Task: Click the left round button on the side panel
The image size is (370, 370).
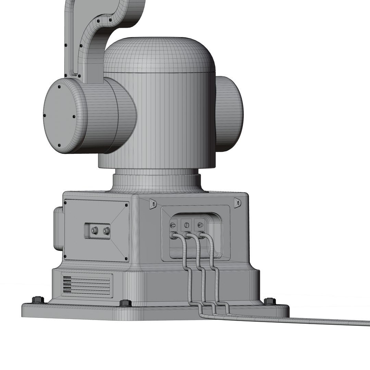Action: [x=94, y=231]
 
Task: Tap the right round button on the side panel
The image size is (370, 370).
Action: [x=106, y=231]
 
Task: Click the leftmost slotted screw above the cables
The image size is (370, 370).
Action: [x=173, y=225]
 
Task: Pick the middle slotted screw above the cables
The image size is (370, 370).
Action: [x=187, y=225]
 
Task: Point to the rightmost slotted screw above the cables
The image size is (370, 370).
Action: [x=200, y=225]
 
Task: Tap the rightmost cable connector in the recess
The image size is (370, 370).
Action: [x=201, y=235]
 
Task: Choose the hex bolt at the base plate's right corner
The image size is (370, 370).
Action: [x=270, y=301]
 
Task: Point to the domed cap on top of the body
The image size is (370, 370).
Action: [x=159, y=55]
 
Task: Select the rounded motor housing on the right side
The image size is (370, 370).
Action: [x=229, y=113]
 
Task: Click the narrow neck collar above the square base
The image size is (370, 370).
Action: [x=156, y=182]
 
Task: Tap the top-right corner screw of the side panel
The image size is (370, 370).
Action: [x=126, y=205]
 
